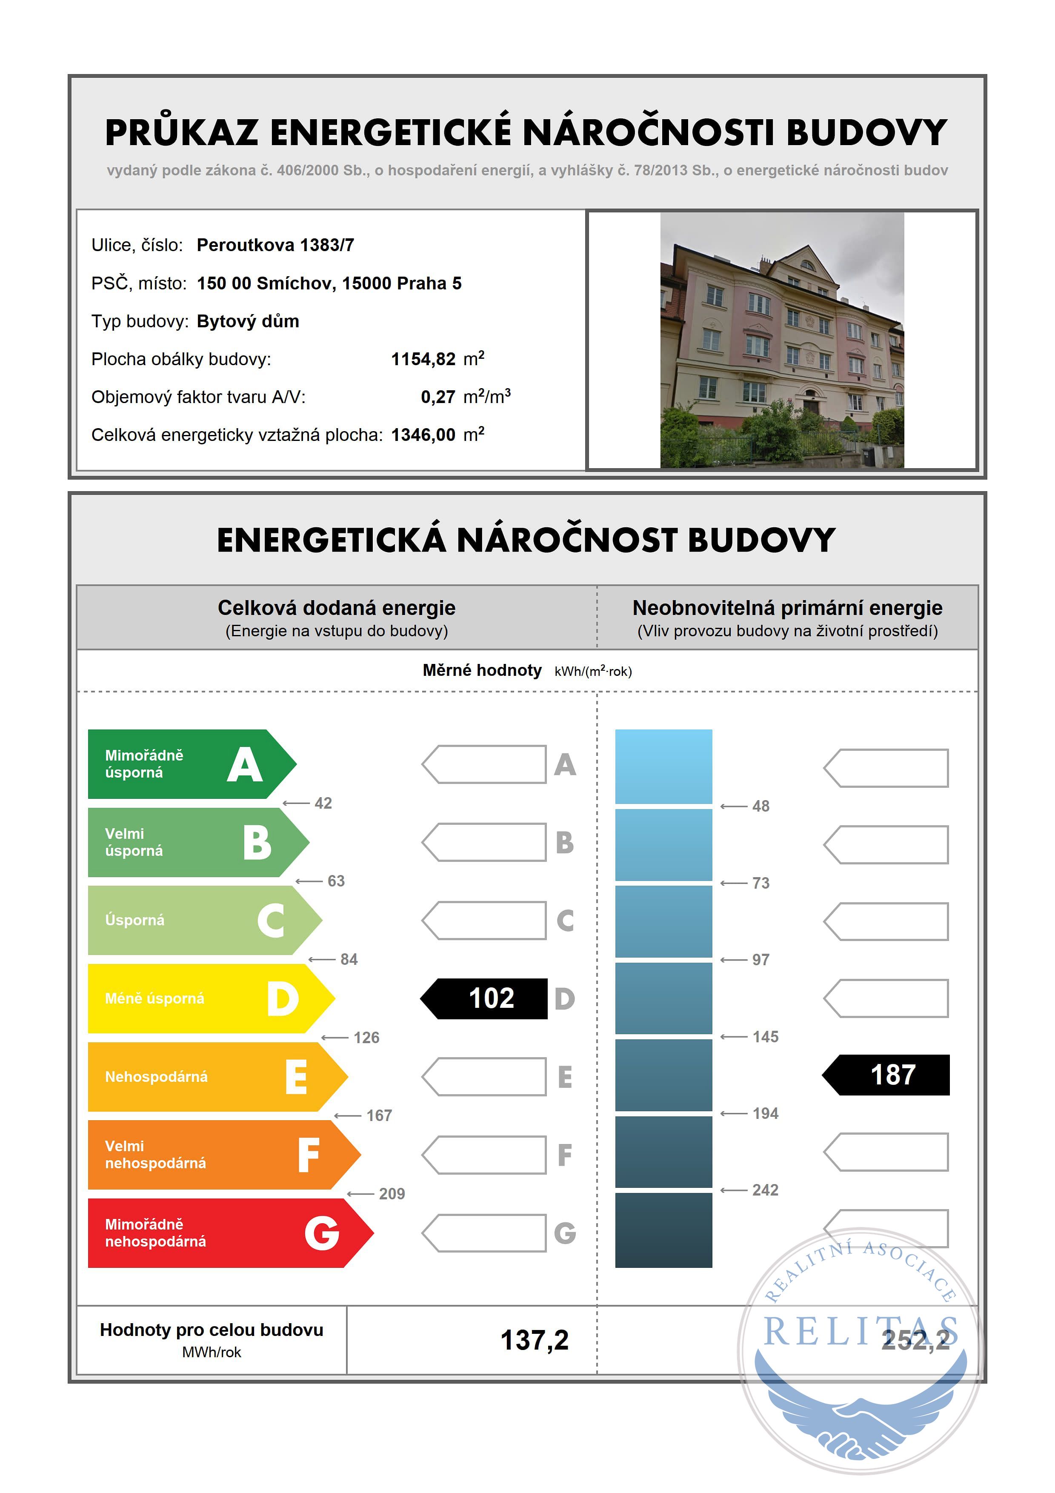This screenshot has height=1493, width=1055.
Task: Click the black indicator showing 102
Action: (x=484, y=998)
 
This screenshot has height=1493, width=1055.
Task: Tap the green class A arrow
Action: (x=189, y=764)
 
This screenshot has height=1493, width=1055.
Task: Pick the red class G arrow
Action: (x=228, y=1233)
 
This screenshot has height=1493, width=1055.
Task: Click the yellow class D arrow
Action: (x=208, y=998)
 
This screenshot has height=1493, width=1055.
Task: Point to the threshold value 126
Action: (x=366, y=1037)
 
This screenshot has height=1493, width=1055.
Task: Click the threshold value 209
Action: (x=392, y=1194)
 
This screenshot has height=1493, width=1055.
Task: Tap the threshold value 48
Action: (x=761, y=807)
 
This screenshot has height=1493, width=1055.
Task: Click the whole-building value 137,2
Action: (x=535, y=1340)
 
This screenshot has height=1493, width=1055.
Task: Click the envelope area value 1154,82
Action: (x=423, y=359)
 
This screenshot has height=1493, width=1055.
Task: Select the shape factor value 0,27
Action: (x=437, y=397)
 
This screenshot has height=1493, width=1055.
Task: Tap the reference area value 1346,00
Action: (x=423, y=435)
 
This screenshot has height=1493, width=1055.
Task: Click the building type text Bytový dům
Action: (x=248, y=321)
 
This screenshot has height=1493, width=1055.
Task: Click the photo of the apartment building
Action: (x=782, y=340)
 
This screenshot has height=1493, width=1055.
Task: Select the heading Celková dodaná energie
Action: (x=336, y=608)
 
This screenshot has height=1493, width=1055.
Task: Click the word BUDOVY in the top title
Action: (x=866, y=133)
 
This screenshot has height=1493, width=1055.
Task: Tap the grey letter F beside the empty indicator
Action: (x=564, y=1155)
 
